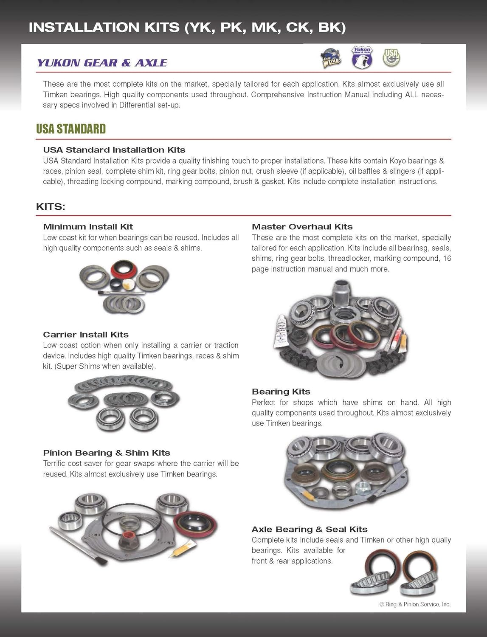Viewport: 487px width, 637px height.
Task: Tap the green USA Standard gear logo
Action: tap(391, 57)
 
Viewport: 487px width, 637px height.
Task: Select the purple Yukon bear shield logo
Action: tap(362, 58)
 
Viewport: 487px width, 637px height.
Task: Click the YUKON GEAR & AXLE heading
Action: tap(102, 63)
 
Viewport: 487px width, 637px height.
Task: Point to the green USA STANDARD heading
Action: tap(70, 129)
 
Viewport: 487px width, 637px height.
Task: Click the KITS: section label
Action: tap(51, 207)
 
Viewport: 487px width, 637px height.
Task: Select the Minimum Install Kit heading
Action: tap(88, 227)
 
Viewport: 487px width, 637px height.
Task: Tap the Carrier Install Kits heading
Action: tap(85, 335)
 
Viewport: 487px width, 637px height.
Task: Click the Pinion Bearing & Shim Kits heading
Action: tap(106, 453)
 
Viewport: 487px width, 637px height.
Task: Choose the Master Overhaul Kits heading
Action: tap(302, 227)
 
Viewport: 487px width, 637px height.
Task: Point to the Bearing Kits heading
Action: tap(281, 392)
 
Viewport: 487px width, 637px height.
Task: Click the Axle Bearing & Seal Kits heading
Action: tap(309, 529)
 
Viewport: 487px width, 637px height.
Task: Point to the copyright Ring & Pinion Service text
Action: tap(415, 604)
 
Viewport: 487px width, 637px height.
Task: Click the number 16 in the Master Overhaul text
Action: tap(447, 258)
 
